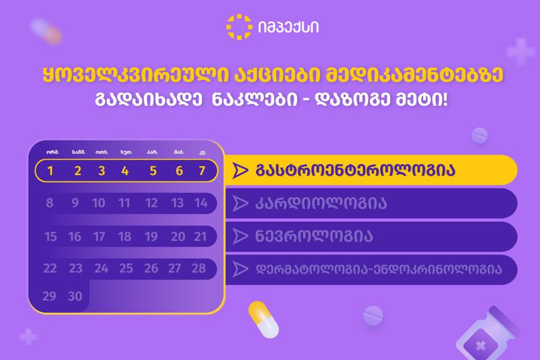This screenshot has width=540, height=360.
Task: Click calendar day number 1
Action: tap(50, 171)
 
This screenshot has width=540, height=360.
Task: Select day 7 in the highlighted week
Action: tap(201, 171)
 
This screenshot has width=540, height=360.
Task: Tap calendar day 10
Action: tap(99, 203)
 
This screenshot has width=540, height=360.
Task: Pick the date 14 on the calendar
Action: tap(200, 203)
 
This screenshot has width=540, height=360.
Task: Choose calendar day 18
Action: tap(124, 236)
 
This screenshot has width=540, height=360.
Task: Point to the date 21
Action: tap(200, 236)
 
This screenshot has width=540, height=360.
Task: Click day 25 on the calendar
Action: tap(126, 268)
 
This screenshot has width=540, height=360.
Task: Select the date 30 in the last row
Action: tap(75, 297)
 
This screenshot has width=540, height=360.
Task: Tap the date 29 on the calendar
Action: tap(49, 297)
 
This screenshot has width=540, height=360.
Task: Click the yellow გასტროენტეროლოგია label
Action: tap(354, 170)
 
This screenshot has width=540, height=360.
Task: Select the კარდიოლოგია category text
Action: tap(321, 203)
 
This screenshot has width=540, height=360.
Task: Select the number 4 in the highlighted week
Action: tap(125, 171)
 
